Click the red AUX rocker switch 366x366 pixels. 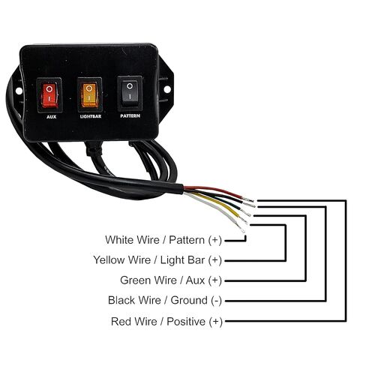[49, 95]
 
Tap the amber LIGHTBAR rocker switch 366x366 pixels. [89, 94]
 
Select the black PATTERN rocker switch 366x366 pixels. [130, 94]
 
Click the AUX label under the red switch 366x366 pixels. [51, 117]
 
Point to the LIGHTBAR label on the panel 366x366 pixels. [91, 116]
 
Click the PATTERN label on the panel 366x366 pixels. [130, 116]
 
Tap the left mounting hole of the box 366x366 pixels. [19, 91]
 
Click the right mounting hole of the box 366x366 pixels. [167, 89]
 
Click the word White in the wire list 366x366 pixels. [119, 240]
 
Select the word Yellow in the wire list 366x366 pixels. [109, 260]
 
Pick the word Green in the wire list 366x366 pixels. [134, 280]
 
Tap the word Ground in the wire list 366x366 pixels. [189, 300]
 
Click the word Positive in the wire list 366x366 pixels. [186, 321]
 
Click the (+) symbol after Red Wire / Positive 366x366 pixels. [215, 322]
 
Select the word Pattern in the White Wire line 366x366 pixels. [187, 240]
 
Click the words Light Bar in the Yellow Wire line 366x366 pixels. [182, 260]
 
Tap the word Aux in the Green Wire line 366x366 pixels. [195, 280]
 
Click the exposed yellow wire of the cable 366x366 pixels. [220, 206]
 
